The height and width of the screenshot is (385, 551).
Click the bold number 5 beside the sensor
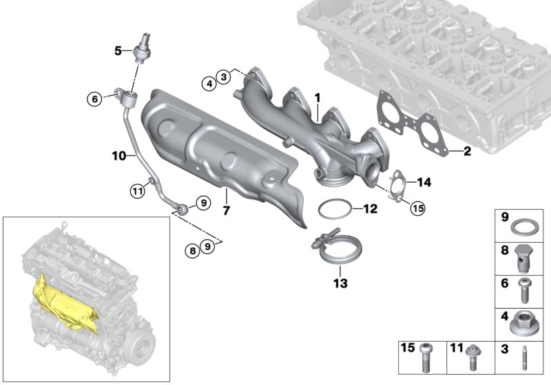118,50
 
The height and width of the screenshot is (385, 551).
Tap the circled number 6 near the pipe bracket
94,99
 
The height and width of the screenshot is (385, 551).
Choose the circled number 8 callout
194,252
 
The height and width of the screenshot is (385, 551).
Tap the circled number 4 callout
207,83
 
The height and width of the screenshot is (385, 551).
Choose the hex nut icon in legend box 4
523,323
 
